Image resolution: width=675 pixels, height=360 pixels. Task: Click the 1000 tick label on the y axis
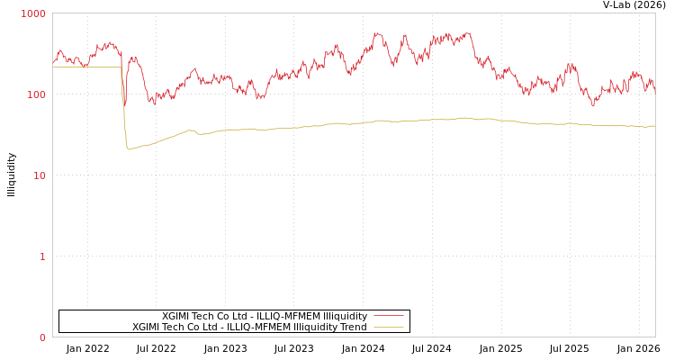33,14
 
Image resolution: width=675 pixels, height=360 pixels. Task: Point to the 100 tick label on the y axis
36,95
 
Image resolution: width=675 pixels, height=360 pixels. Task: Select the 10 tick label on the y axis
39,176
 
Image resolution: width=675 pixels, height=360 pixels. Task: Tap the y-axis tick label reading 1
41,257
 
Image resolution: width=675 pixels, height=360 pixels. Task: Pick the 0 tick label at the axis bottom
41,338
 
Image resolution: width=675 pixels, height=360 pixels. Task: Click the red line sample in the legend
388,316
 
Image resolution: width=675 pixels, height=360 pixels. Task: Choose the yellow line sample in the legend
388,328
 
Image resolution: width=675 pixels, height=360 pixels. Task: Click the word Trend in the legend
353,328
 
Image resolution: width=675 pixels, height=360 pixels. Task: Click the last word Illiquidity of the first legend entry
345,316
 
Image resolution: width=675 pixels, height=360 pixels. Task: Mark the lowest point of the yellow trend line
130,149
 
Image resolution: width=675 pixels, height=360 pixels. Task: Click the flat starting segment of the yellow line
85,67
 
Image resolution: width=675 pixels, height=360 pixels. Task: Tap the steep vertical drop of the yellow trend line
124,108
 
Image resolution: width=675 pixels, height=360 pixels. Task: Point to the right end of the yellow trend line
654,126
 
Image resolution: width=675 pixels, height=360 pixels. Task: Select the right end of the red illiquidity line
654,90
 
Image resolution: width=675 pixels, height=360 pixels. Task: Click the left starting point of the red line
53,62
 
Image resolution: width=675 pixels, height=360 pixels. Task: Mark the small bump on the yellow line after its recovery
191,130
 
